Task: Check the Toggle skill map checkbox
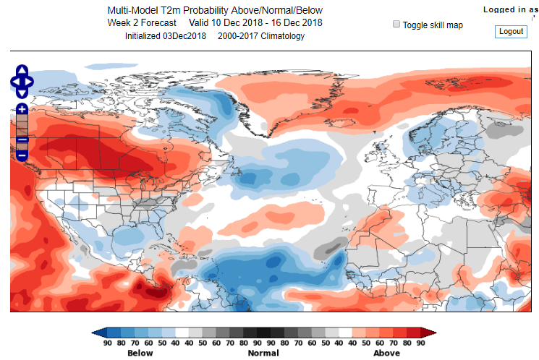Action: click(396, 24)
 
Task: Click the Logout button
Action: click(511, 32)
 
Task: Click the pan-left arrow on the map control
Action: click(14, 82)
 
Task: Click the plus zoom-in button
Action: click(22, 109)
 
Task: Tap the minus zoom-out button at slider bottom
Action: click(22, 155)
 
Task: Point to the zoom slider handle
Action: click(22, 140)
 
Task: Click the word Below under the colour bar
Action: click(140, 353)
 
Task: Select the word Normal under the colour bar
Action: click(263, 353)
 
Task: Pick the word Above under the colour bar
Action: click(386, 353)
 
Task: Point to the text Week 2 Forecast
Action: click(142, 23)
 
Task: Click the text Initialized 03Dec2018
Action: click(166, 36)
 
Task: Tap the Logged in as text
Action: click(510, 9)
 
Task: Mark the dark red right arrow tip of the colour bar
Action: click(432, 333)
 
